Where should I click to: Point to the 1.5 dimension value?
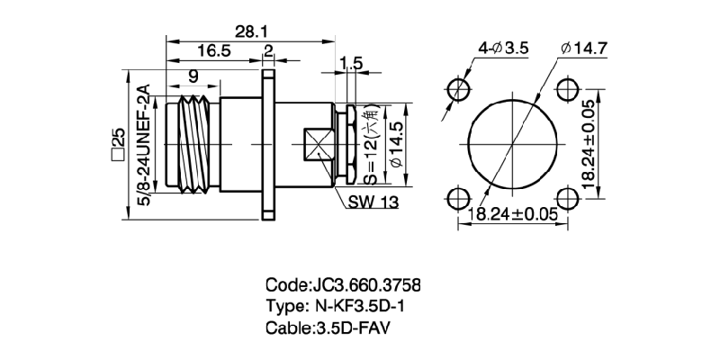(x=351, y=62)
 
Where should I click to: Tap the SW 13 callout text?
(x=372, y=202)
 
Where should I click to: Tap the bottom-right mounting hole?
(x=567, y=197)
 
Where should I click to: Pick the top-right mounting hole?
(x=567, y=88)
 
